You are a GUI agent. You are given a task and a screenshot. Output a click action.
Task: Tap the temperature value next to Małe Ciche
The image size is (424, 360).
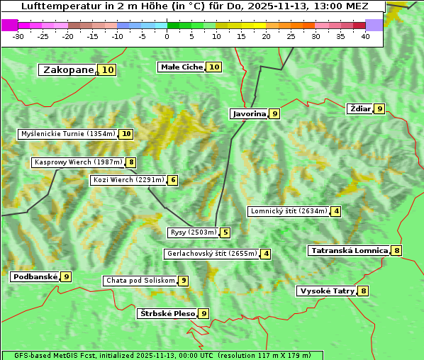tap(213, 67)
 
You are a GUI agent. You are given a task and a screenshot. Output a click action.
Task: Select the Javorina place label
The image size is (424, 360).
tap(249, 113)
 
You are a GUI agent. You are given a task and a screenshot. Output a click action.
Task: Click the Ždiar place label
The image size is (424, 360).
tap(360, 108)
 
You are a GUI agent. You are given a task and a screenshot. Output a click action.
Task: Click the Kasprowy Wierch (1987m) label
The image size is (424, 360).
tap(78, 162)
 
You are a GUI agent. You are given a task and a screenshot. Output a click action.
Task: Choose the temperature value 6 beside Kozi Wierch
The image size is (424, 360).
tap(172, 180)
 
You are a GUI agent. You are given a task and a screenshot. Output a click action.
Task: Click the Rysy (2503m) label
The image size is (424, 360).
tap(193, 232)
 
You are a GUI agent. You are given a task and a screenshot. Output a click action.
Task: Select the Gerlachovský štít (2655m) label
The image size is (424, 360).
tap(211, 254)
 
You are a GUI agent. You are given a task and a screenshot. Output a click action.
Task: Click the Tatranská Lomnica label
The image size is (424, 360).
tap(350, 250)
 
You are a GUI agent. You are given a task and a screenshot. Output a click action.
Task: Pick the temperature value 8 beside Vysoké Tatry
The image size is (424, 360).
tap(363, 291)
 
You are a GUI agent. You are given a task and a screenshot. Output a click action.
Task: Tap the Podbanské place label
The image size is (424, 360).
tap(35, 276)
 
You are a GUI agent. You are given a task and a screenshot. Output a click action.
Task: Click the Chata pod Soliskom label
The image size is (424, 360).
tap(140, 281)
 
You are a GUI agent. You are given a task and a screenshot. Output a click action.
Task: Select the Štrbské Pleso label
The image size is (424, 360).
tap(167, 313)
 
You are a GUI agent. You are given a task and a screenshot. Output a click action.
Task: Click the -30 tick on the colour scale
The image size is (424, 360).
tap(18, 35)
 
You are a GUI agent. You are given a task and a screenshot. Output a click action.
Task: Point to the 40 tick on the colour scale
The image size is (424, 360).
tap(365, 35)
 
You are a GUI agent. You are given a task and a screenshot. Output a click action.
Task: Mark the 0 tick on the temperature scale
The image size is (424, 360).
tap(167, 35)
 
